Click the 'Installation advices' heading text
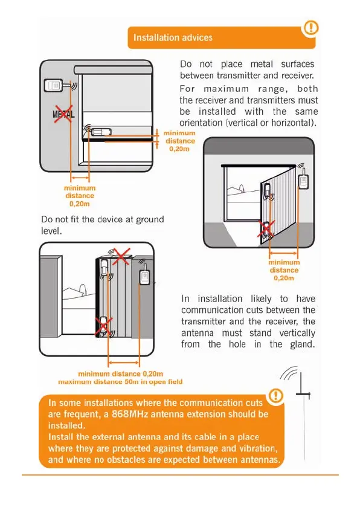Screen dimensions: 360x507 click(173, 37)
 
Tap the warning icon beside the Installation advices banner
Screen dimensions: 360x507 click(310, 28)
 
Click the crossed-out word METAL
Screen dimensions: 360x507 click(63, 114)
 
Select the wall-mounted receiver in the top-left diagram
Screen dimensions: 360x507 click(53, 85)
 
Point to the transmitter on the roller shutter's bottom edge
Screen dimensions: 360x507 click(101, 132)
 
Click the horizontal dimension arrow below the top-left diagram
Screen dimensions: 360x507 click(80, 178)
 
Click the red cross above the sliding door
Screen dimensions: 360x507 click(121, 256)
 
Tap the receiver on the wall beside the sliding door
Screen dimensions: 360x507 click(144, 274)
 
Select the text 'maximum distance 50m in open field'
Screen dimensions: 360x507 click(120, 382)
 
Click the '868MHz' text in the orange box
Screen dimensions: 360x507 click(130, 414)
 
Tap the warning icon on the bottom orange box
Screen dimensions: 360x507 click(275, 395)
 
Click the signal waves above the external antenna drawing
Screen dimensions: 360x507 click(289, 373)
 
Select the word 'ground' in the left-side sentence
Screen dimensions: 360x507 click(150, 220)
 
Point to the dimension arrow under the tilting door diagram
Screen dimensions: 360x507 click(283, 253)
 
